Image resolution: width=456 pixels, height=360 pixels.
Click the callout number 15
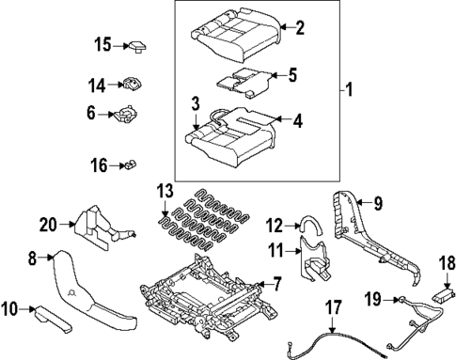[102, 43]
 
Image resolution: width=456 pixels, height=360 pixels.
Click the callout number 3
[194, 102]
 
